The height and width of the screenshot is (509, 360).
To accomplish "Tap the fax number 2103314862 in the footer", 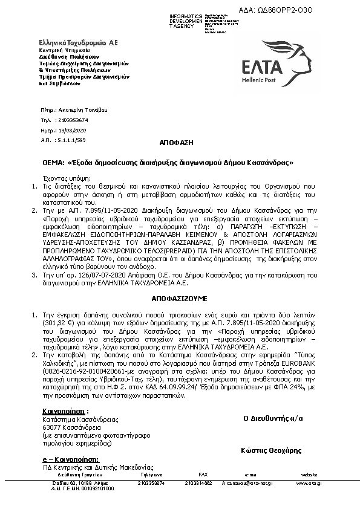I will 198,483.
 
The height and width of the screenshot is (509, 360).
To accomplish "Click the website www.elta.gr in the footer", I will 309,483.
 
